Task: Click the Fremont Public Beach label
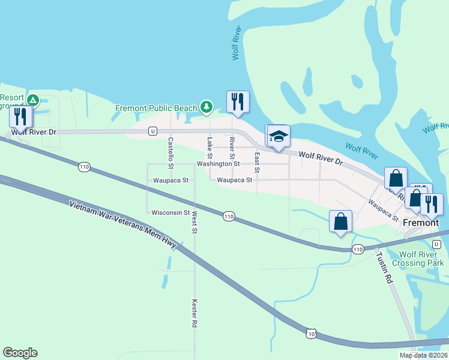click(x=156, y=108)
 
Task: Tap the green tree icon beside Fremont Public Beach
click(x=206, y=107)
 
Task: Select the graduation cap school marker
click(x=278, y=136)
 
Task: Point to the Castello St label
click(x=170, y=152)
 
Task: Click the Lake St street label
click(x=209, y=145)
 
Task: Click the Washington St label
click(x=218, y=164)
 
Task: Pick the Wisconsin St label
click(x=170, y=212)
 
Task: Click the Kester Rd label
click(x=194, y=313)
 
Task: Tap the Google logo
click(x=20, y=353)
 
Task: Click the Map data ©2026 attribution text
click(x=423, y=355)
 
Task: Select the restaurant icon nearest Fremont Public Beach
click(x=238, y=101)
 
